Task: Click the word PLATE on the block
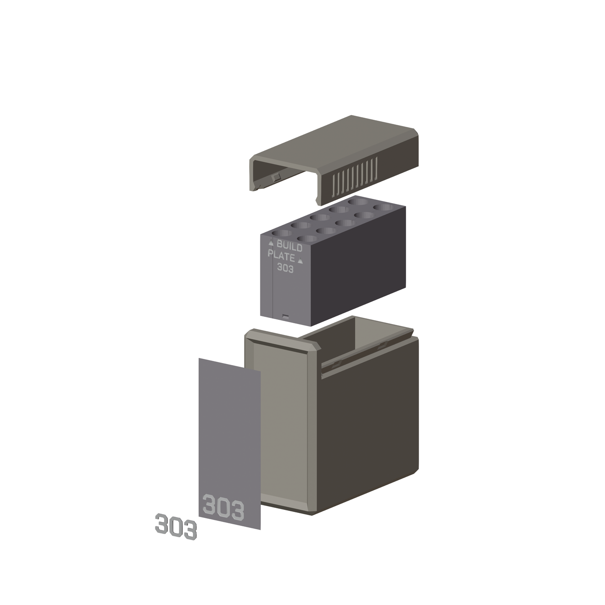[x=281, y=256]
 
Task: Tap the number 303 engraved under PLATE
[x=285, y=268]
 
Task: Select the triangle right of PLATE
[x=300, y=260]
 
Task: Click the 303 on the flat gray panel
[x=223, y=511]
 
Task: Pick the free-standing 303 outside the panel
[x=176, y=526]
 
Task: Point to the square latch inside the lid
[x=277, y=177]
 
